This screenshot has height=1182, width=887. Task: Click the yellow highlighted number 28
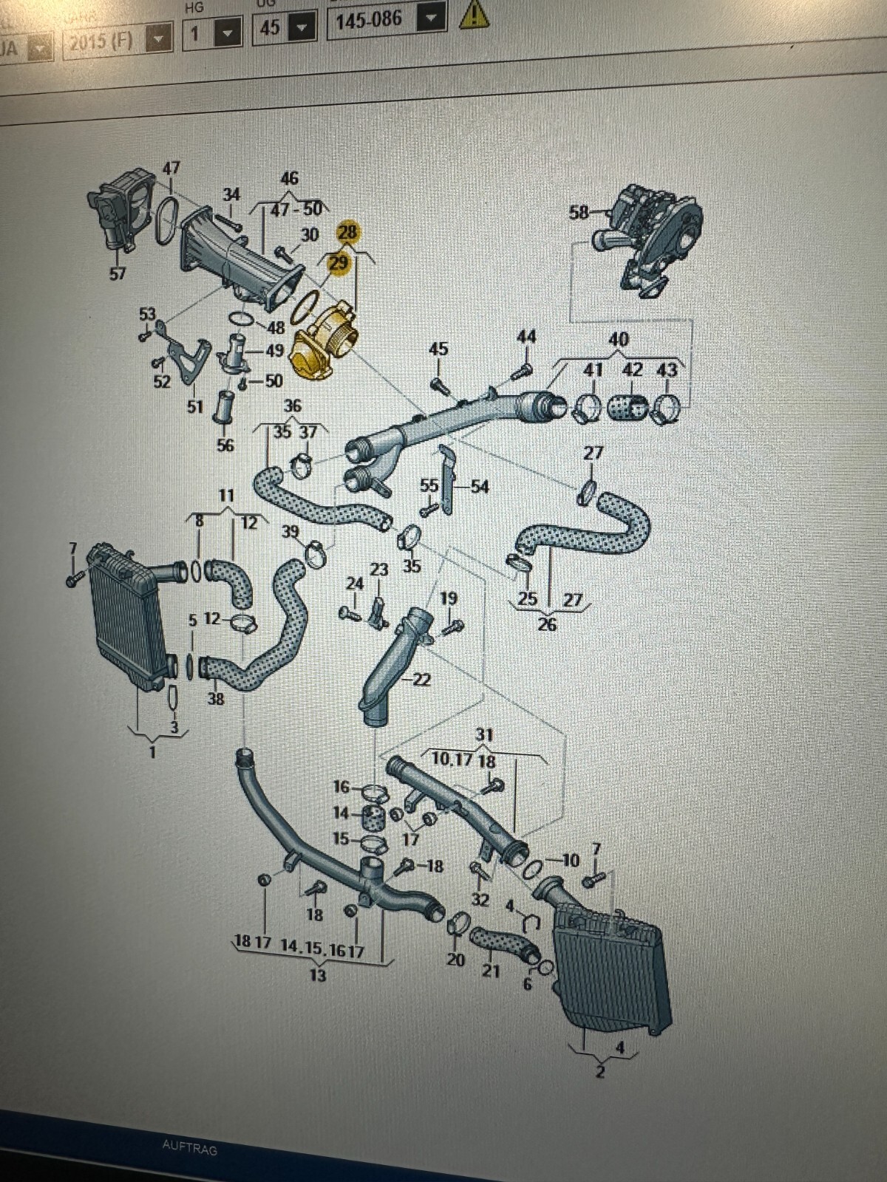(347, 232)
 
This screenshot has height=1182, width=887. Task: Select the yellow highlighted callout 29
(339, 262)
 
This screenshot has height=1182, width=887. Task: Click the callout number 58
(579, 213)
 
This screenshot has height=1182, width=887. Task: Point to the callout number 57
(118, 273)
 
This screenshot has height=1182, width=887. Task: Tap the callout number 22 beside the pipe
(422, 679)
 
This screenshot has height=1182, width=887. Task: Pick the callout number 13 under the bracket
(317, 976)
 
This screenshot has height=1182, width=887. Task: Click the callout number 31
(484, 735)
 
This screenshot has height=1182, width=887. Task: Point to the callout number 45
(438, 349)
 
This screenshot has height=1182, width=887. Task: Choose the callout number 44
(526, 337)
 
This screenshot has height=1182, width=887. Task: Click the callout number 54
(480, 486)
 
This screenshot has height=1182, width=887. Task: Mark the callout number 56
(225, 445)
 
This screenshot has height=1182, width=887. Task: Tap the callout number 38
(216, 697)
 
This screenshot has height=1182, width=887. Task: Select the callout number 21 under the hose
(491, 970)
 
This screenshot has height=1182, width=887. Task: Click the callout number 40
(618, 339)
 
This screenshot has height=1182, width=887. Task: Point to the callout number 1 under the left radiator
(152, 753)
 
